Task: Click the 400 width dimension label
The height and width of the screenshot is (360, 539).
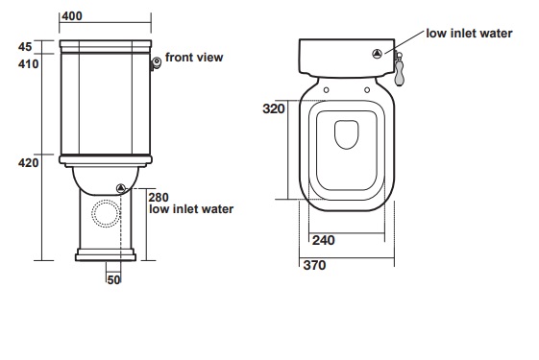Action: (72, 16)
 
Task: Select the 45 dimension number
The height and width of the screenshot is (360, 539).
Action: (25, 47)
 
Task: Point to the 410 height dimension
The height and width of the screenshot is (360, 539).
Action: (28, 64)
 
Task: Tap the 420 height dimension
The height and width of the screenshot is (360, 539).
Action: (28, 162)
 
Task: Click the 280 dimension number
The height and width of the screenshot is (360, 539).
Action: (159, 197)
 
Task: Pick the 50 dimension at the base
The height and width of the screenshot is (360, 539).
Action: (113, 280)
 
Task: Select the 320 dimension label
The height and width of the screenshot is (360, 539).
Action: (274, 108)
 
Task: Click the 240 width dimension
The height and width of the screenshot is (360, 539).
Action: (323, 240)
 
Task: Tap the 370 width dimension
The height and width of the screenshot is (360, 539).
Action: (314, 265)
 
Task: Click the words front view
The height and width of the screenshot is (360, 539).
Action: (194, 58)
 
